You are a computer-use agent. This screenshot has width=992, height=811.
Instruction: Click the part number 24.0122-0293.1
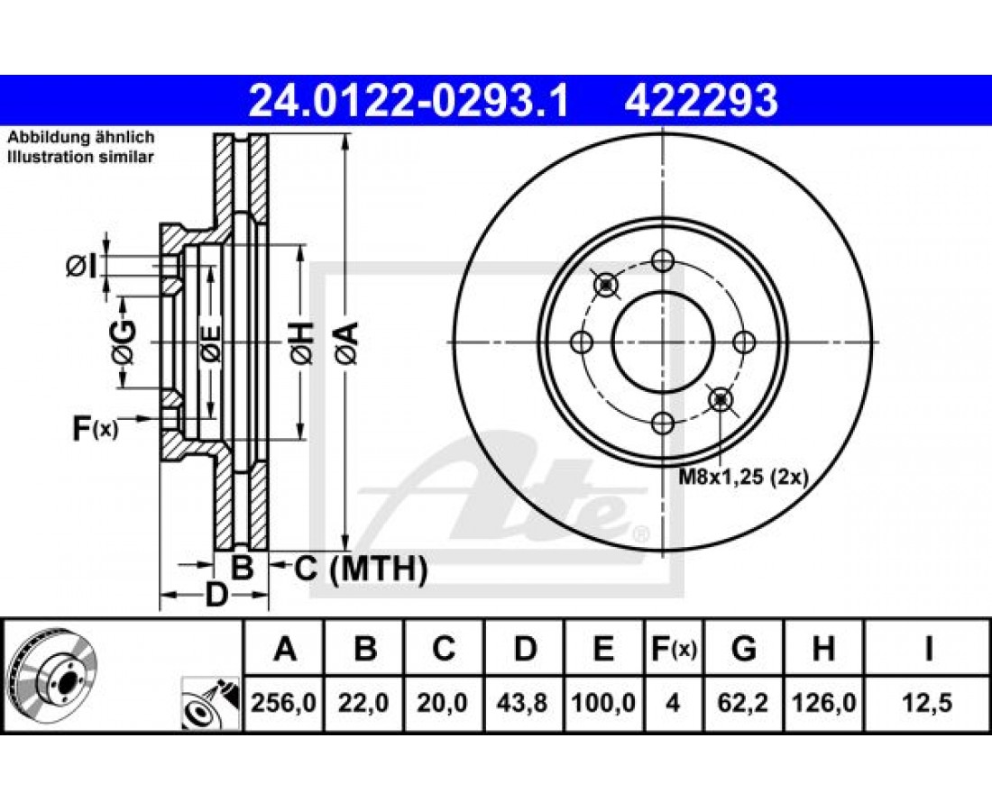pyautogui.click(x=409, y=101)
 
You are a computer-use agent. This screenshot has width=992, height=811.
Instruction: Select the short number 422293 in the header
pyautogui.click(x=701, y=101)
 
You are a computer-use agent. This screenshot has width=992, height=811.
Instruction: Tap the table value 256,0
pyautogui.click(x=284, y=702)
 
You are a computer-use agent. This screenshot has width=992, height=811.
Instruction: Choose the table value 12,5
pyautogui.click(x=927, y=702)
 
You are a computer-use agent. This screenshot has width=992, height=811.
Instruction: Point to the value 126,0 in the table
pyautogui.click(x=823, y=702)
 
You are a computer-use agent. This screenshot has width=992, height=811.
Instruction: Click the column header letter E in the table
pyautogui.click(x=604, y=649)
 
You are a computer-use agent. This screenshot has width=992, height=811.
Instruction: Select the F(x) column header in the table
pyautogui.click(x=674, y=649)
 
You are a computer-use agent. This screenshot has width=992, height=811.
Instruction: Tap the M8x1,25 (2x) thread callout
pyautogui.click(x=743, y=478)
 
